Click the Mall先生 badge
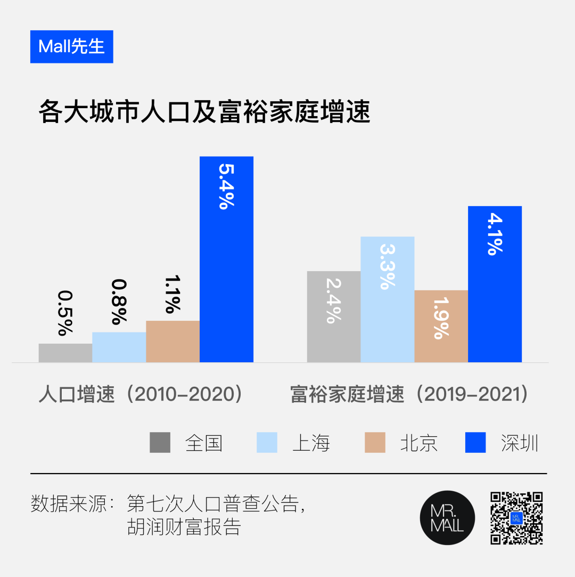tap(71, 47)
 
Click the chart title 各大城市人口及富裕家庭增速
tap(204, 113)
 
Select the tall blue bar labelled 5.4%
tap(226, 259)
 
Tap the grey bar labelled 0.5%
tap(65, 353)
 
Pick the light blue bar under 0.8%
tap(119, 347)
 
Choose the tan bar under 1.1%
tap(172, 342)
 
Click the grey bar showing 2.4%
tap(334, 316)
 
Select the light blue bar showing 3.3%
tap(388, 299)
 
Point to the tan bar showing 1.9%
tap(441, 326)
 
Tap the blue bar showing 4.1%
tap(495, 284)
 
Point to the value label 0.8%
tap(119, 302)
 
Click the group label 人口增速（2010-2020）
tap(141, 395)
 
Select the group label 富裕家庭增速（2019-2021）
tap(409, 395)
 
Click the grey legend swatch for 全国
tap(160, 443)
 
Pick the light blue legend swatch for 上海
tap(267, 443)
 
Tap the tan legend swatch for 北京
tap(375, 443)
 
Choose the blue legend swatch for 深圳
tap(475, 443)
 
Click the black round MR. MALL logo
tap(447, 517)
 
